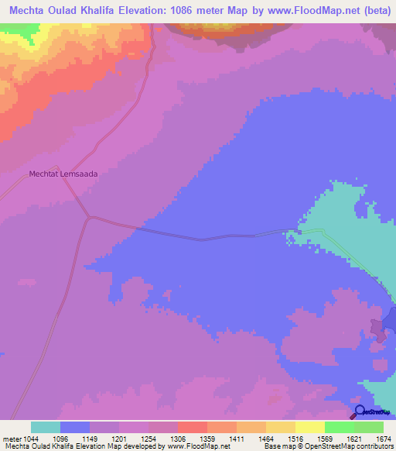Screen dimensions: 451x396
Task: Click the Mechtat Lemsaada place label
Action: [64, 174]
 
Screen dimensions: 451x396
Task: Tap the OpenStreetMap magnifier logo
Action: [359, 411]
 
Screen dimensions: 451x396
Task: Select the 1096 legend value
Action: [60, 438]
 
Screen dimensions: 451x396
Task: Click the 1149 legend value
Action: [90, 438]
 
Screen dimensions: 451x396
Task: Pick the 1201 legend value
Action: [119, 438]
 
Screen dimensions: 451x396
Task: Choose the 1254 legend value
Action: [148, 438]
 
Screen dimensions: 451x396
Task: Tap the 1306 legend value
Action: [178, 438]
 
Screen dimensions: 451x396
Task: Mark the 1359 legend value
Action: [207, 438]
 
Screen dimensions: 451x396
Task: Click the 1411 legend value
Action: [237, 438]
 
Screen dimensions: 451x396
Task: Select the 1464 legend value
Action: [266, 438]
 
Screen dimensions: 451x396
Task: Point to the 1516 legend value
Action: [295, 438]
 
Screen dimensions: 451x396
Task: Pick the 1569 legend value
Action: [325, 438]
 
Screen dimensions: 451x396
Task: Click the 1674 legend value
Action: [383, 438]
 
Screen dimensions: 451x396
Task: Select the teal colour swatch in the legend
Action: [46, 427]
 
